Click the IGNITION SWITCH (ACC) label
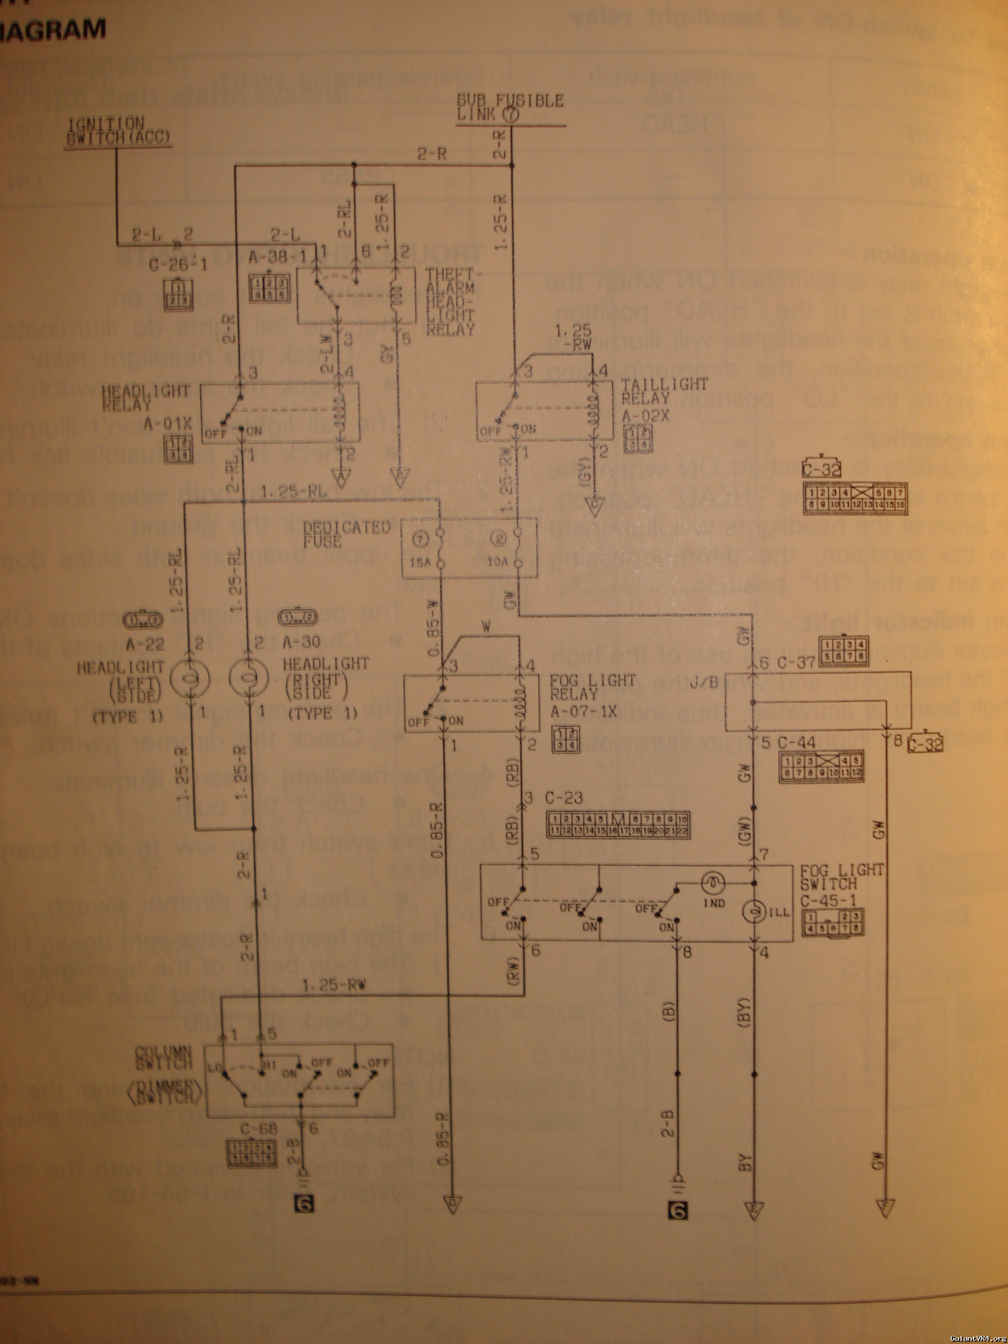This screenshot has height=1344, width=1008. pyautogui.click(x=117, y=131)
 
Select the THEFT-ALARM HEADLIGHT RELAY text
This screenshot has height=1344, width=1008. pyautogui.click(x=450, y=303)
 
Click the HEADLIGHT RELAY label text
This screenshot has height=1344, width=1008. pyautogui.click(x=146, y=398)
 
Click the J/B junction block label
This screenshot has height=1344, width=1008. pyautogui.click(x=704, y=682)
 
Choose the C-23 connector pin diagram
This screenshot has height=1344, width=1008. pyautogui.click(x=618, y=825)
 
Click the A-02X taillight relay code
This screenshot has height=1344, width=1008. pyautogui.click(x=645, y=416)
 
